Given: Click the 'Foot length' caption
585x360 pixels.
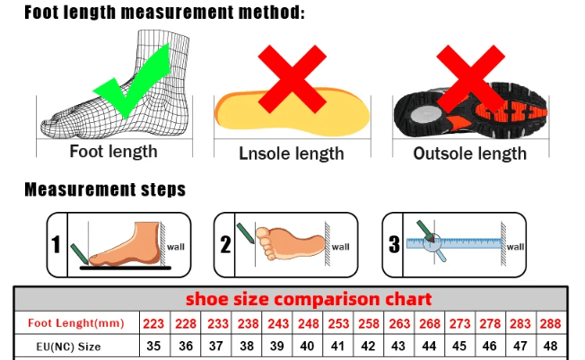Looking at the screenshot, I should [113, 152].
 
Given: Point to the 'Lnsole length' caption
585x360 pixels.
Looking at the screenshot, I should [291, 154].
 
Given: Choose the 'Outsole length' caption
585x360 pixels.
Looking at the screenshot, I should [469, 154].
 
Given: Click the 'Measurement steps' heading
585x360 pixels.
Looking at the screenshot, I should [105, 189].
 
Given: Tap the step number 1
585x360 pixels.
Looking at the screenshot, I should [56, 244].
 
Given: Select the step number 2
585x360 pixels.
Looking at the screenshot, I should [226, 244].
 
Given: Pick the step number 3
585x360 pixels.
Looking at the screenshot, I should [393, 244].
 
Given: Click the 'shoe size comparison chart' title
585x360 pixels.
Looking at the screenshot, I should [309, 298].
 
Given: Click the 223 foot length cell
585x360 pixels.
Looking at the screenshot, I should [153, 323].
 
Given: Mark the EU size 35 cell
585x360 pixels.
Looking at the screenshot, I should [153, 346].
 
